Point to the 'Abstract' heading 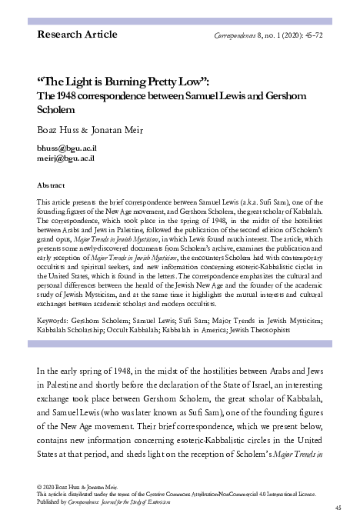[50, 185]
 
